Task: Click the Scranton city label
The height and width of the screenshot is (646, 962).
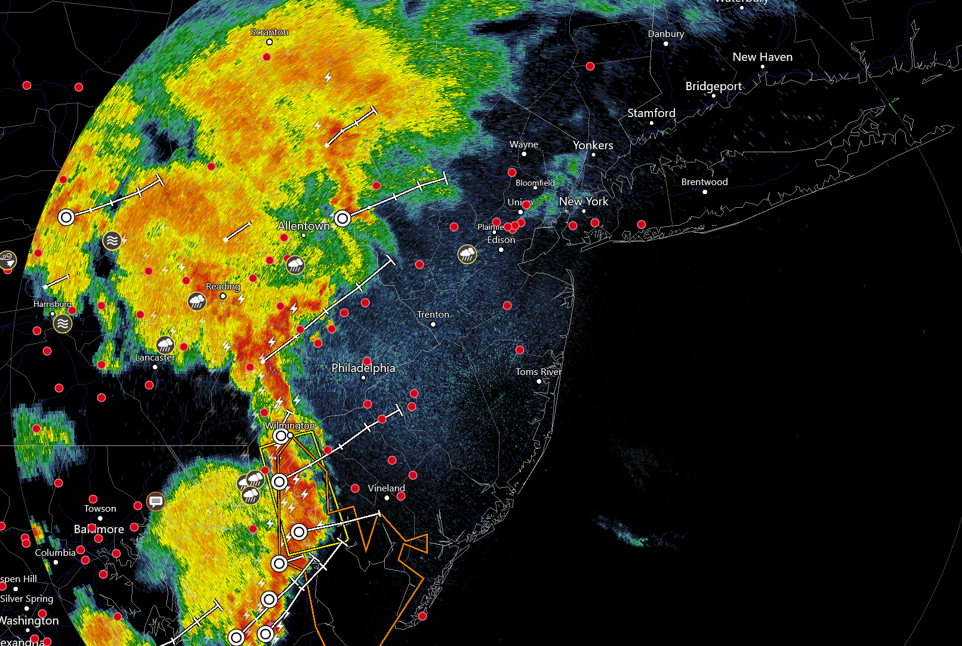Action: coord(270,32)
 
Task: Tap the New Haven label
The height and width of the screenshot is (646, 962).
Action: coord(762,57)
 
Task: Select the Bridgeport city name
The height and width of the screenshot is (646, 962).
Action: coord(713,87)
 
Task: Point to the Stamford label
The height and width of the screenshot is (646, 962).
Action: coord(651,113)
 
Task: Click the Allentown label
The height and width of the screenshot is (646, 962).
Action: coord(303,226)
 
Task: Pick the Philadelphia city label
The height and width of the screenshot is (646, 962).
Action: coord(363,368)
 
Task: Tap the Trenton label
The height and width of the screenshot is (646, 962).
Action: coord(433,315)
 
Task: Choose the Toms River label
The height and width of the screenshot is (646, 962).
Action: coord(538,372)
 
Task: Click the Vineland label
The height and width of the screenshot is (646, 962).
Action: coord(386,488)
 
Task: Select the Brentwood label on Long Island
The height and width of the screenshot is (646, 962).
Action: coord(704,182)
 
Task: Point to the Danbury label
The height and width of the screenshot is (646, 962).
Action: coord(665,34)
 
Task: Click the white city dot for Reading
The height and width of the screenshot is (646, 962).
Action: coord(223,296)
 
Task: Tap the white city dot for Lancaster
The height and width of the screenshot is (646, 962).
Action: coord(155,367)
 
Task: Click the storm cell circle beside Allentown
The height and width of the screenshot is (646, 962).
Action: coord(342,219)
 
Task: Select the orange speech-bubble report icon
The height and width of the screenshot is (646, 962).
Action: coord(156,501)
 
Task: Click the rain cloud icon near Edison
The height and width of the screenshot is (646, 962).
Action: coord(467,255)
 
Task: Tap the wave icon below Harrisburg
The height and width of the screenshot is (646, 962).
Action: coord(63,324)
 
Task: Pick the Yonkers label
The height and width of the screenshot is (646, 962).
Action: coord(593,146)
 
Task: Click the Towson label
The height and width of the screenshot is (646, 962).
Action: coord(100,509)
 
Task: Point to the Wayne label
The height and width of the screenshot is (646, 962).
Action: coord(523,144)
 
